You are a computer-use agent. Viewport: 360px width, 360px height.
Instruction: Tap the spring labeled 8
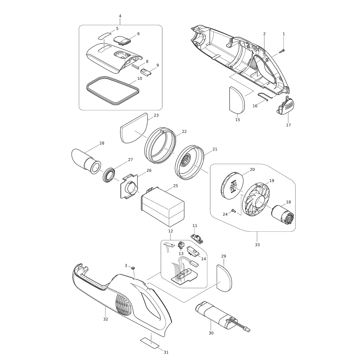tap(135, 66)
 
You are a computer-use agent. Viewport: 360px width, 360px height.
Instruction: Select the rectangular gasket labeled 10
tap(113, 90)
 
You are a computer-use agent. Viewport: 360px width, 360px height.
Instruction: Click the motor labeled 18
tap(282, 215)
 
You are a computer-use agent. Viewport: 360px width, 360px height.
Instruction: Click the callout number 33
tap(257, 245)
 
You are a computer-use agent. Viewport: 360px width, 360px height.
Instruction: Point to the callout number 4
tap(120, 16)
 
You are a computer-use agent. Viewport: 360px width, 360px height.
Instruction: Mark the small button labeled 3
tap(133, 268)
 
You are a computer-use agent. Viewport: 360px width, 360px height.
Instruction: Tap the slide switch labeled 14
tap(193, 251)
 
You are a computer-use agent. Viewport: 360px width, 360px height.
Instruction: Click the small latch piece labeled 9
tap(146, 72)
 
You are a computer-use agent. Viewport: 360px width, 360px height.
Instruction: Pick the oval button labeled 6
tap(121, 40)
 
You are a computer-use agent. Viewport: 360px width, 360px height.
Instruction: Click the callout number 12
tap(171, 231)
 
